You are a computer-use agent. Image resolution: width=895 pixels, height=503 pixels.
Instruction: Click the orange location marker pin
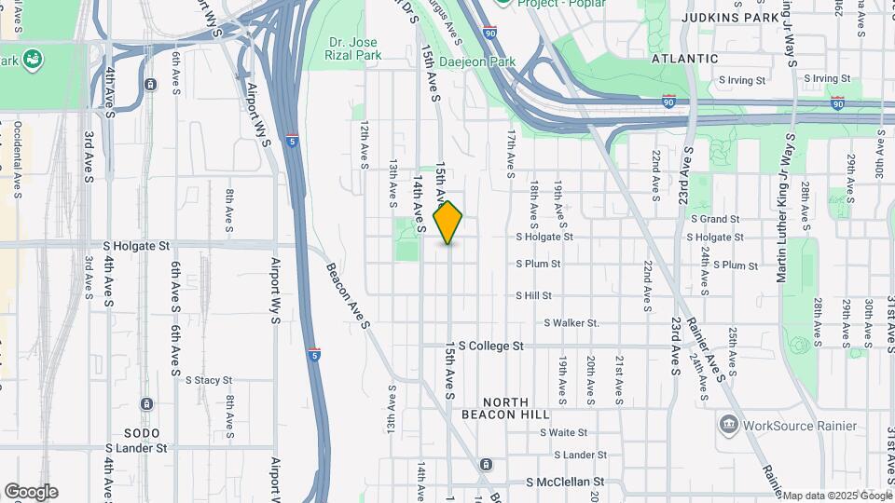[x=448, y=223]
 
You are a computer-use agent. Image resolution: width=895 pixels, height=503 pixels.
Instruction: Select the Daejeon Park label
[x=489, y=61]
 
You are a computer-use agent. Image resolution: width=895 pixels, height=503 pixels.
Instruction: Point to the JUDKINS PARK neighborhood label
[x=723, y=17]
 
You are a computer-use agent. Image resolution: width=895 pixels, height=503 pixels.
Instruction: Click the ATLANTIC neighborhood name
[x=685, y=58]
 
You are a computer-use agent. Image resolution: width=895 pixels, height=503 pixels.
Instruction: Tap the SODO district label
[x=142, y=433]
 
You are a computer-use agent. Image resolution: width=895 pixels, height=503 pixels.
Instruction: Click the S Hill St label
[x=534, y=295]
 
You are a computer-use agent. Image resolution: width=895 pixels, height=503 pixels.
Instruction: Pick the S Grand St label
[x=714, y=219]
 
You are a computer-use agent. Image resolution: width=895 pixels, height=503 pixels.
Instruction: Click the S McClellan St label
[x=566, y=483]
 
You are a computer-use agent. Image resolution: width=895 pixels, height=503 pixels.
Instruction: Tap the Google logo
[x=31, y=492]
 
